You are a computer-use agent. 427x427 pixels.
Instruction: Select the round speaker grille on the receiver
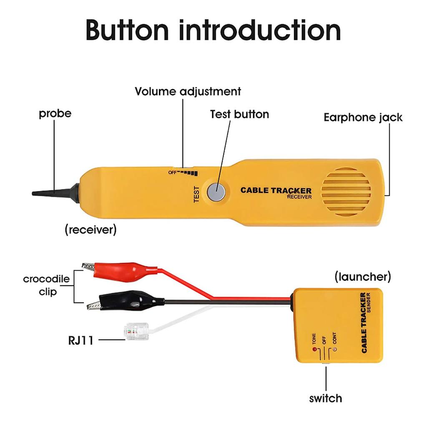click(346, 192)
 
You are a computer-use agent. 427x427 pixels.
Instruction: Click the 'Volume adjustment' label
click(188, 91)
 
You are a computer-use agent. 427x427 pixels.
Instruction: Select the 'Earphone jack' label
click(363, 117)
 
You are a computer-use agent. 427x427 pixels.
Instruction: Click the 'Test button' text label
click(239, 114)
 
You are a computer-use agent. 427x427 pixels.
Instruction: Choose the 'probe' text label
click(55, 113)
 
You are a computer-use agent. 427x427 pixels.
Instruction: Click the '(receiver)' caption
click(90, 229)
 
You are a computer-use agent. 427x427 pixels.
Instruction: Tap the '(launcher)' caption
click(363, 276)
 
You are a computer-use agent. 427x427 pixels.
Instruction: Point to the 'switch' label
click(325, 398)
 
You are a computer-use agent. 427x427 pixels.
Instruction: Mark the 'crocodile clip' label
click(46, 285)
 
